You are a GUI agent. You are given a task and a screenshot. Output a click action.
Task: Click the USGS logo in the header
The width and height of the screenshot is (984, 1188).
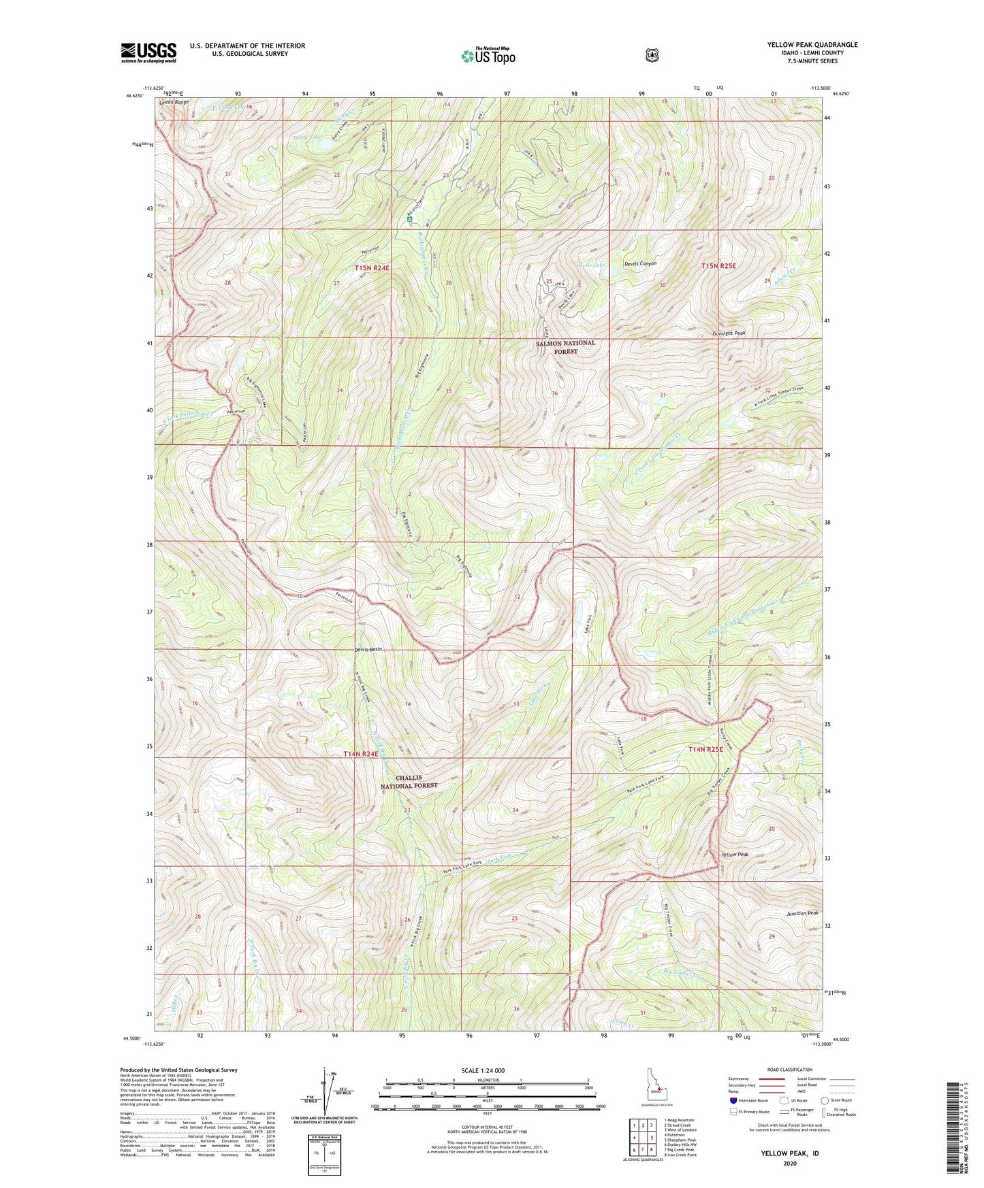(148, 52)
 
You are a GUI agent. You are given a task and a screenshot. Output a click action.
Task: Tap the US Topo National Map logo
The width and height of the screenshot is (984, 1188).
(487, 55)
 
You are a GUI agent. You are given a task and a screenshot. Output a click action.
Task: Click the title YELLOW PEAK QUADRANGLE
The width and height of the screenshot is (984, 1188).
(812, 45)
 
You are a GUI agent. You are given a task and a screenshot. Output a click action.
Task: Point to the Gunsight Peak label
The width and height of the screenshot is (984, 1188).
(729, 333)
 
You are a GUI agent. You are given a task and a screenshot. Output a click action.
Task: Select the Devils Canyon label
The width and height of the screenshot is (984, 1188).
(640, 263)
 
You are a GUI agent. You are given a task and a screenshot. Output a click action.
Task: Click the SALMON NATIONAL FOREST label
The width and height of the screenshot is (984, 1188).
(565, 347)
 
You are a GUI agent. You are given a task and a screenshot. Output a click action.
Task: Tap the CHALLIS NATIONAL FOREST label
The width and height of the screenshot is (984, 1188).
(409, 781)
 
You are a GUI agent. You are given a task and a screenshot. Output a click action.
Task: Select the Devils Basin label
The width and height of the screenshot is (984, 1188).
(368, 649)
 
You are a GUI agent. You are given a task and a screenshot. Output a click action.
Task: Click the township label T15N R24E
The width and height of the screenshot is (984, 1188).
(372, 268)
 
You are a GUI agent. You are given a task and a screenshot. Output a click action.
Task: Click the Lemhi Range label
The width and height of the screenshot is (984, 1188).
(174, 102)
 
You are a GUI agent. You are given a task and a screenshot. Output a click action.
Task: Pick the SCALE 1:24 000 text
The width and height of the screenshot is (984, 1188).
(483, 1071)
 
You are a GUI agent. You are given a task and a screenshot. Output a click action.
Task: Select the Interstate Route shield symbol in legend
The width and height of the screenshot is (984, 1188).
(733, 1100)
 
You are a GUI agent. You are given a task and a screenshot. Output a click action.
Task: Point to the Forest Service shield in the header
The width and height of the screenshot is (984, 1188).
(652, 55)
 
